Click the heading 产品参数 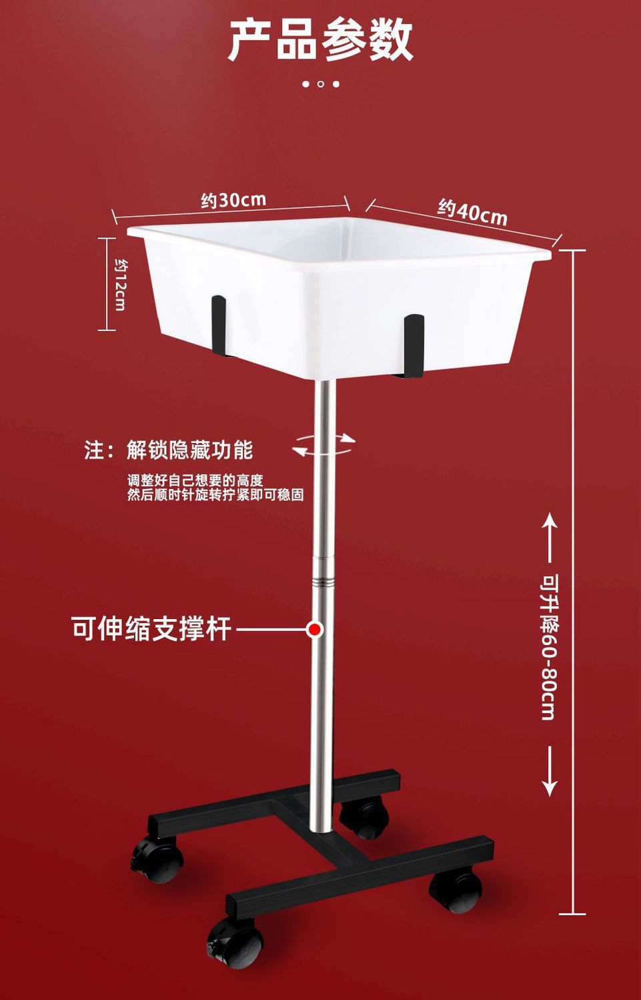[321, 40]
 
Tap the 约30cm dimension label [233, 199]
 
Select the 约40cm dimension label [472, 212]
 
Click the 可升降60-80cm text [548, 647]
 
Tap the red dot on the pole [315, 628]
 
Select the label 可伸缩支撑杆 [151, 628]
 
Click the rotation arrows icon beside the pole [324, 444]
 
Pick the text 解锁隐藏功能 [190, 450]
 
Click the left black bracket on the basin [219, 324]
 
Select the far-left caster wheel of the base [157, 859]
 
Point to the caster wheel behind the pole [364, 818]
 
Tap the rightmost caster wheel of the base [456, 891]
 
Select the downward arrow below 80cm [549, 771]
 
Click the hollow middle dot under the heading [321, 84]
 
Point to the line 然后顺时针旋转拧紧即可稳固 [215, 495]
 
